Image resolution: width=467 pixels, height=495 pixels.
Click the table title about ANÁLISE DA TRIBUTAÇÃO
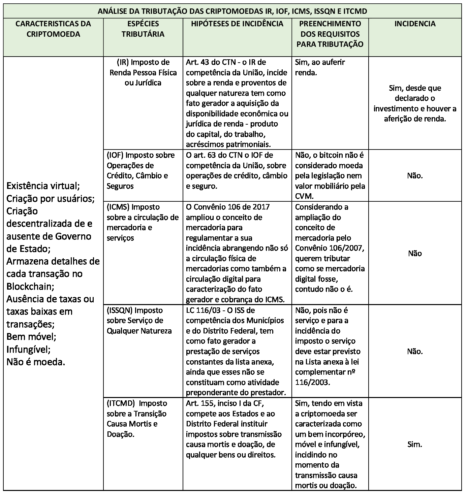click(232, 11)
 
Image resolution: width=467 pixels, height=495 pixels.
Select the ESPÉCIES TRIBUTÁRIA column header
click(143, 29)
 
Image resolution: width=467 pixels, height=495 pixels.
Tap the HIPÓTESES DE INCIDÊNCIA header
click(237, 24)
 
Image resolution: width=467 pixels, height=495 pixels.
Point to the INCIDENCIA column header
click(415, 24)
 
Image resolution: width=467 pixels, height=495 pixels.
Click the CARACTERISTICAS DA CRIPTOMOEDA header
click(53, 29)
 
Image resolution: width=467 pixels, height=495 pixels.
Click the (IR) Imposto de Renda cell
click(143, 72)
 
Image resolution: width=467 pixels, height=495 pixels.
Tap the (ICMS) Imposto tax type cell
click(143, 222)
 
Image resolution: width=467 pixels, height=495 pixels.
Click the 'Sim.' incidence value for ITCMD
click(414, 444)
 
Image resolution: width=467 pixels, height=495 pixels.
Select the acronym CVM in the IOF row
click(304, 196)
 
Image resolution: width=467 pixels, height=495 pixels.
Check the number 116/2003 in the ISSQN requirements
click(312, 383)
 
